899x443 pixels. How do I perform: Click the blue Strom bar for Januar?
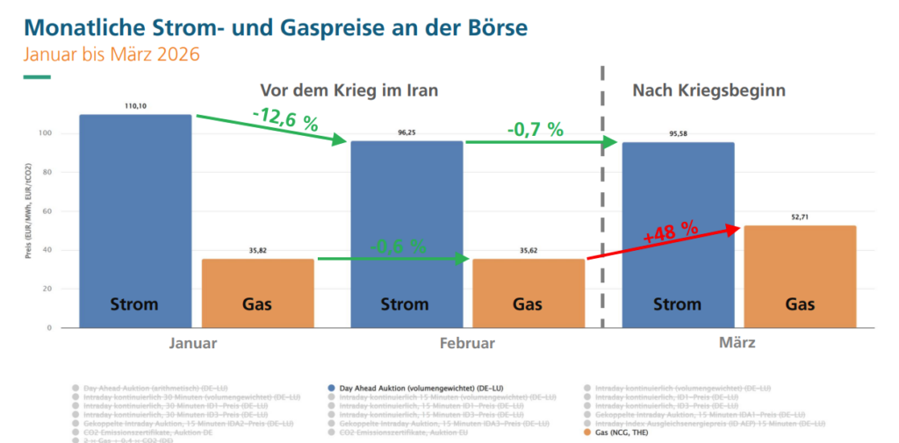click(x=135, y=219)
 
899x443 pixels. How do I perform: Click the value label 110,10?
click(x=135, y=105)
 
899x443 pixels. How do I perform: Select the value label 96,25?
click(x=406, y=132)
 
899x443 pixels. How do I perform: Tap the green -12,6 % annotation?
click(x=284, y=120)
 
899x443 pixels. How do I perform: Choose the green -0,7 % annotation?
click(x=535, y=129)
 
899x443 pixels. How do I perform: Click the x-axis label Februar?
click(x=467, y=343)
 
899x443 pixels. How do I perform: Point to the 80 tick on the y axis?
click(x=45, y=173)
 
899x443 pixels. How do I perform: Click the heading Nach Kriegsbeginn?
click(x=708, y=90)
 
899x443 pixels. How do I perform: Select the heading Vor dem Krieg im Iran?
click(x=349, y=90)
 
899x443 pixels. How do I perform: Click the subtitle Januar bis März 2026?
click(x=111, y=54)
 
